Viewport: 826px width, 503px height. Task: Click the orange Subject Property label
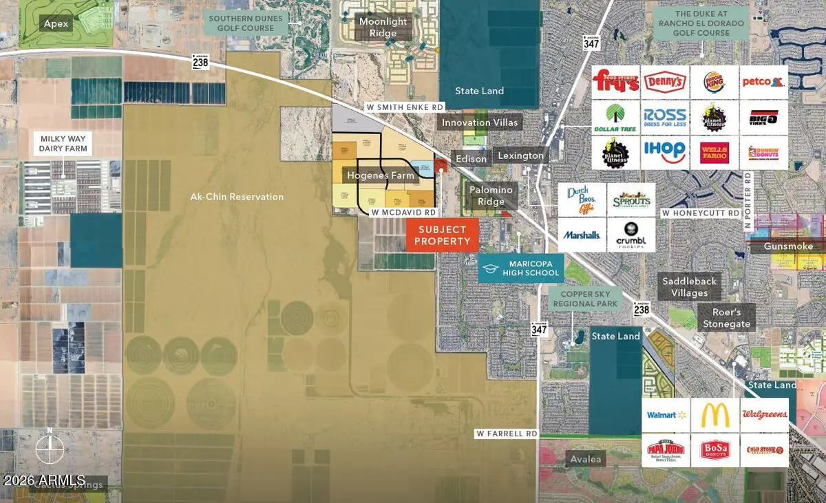441,235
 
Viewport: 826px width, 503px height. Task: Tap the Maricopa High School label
521,268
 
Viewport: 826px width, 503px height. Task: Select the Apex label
56,23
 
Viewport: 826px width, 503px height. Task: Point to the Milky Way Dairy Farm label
62,144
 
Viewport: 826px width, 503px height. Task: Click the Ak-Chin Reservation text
237,197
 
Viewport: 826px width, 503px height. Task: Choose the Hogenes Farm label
381,175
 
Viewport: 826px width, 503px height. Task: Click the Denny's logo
666,83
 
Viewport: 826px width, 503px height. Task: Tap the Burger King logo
714,83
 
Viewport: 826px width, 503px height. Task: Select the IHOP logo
666,151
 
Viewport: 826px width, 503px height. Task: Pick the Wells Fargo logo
714,151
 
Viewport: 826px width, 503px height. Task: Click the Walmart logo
666,415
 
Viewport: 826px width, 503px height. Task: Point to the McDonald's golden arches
715,415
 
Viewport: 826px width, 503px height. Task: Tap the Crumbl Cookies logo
631,235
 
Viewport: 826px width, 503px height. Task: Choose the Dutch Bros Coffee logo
582,200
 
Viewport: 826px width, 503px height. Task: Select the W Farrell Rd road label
506,434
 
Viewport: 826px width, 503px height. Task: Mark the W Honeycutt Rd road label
701,214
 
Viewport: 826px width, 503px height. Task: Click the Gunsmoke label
788,246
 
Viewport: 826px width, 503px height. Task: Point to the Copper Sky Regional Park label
585,299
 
